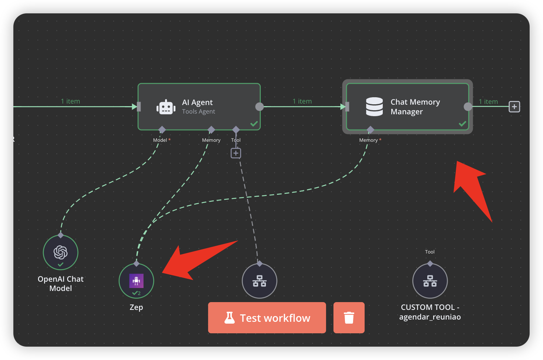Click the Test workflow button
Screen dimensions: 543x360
[x=267, y=318]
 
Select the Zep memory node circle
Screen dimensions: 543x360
[x=136, y=281]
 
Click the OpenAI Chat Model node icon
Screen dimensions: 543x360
[x=60, y=252]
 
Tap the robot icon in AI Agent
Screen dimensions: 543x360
[x=166, y=107]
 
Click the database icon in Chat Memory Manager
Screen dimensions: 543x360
[x=374, y=107]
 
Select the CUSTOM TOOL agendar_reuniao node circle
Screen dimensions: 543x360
[x=430, y=281]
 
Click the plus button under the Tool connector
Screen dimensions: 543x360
[x=236, y=153]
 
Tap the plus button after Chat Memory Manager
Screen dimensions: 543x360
[x=514, y=107]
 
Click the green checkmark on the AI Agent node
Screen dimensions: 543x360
[x=254, y=124]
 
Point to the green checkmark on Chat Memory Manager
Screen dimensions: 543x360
[x=463, y=124]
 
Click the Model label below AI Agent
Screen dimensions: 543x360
[x=160, y=140]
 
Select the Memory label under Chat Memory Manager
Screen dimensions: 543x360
[x=368, y=140]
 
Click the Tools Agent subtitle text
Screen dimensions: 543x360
[x=198, y=111]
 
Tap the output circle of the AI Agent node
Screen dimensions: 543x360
[x=259, y=107]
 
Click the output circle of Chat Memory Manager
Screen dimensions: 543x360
[x=468, y=107]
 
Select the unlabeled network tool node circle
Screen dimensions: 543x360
[x=259, y=281]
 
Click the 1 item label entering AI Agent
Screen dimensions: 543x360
[x=70, y=101]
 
